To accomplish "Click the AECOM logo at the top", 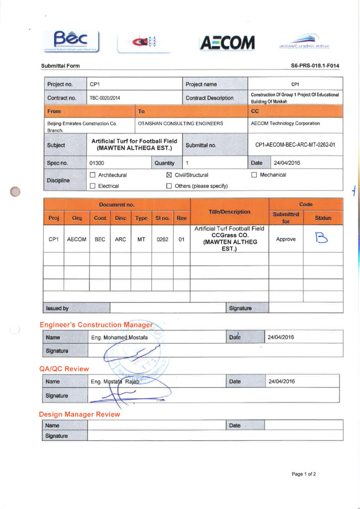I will point(227,43).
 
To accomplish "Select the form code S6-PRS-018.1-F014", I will point(315,66).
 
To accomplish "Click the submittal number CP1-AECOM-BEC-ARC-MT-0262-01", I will point(295,145).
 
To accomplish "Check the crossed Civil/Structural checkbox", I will point(168,175).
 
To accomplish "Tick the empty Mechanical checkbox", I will point(254,175).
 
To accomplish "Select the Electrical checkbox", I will point(92,186).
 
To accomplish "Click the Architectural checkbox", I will point(92,175).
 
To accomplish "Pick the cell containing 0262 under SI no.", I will point(162,239).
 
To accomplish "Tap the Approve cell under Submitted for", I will point(285,239).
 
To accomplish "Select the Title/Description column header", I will point(229,211).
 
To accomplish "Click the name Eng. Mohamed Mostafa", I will point(119,338).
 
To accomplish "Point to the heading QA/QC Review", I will point(64,369).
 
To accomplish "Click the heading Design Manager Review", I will point(79,414).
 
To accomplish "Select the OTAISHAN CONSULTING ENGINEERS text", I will point(180,123).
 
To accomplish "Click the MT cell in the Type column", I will point(141,239).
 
